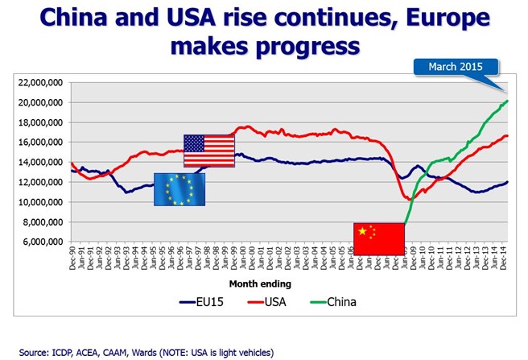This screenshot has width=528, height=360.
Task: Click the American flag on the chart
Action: point(208,151)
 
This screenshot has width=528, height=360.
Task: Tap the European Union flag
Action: point(179,189)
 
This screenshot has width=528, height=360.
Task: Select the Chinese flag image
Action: point(378,239)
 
